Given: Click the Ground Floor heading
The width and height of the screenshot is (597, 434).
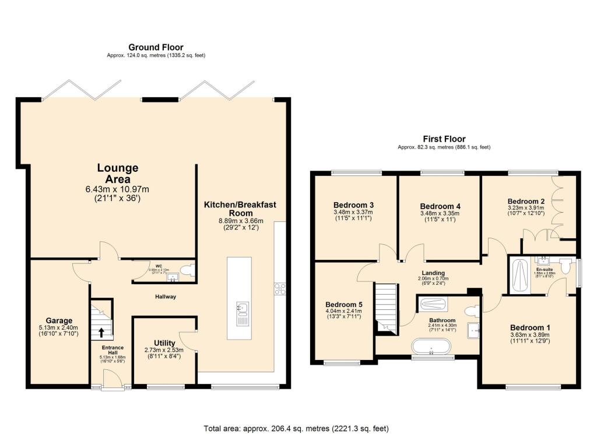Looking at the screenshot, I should click(156, 47).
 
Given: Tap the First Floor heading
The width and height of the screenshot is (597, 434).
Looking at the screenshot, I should click(444, 139).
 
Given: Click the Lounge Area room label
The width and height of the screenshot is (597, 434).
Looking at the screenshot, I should click(118, 174).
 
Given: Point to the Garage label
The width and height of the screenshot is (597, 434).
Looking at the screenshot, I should click(59, 320).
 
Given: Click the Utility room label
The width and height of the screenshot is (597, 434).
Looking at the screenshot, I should click(164, 343).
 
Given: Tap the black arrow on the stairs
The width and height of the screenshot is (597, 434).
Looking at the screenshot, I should click(101, 333).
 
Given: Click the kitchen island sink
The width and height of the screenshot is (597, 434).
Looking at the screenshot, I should click(243, 307).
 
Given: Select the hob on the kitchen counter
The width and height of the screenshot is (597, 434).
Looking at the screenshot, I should click(279, 288).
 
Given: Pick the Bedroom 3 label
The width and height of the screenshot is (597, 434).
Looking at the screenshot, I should click(353, 205).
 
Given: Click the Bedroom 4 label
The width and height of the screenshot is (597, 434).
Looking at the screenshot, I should click(440, 206).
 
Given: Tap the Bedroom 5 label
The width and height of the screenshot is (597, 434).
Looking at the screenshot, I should click(344, 304).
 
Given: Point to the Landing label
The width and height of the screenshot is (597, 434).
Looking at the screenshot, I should click(433, 273).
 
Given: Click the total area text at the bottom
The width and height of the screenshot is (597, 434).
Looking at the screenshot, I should click(296, 428).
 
